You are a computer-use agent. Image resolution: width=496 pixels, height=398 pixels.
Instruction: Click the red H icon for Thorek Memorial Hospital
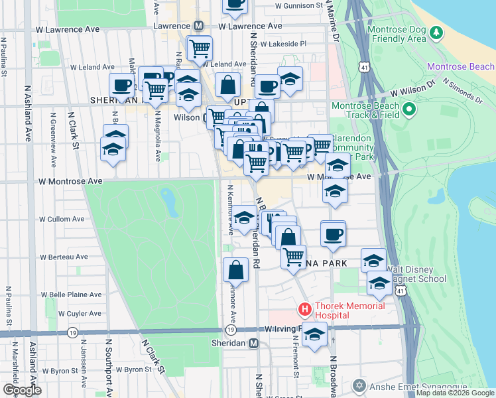(304, 309)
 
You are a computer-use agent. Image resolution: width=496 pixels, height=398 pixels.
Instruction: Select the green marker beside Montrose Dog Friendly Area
(436, 32)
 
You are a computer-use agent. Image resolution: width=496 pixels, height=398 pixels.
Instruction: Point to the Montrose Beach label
(461, 66)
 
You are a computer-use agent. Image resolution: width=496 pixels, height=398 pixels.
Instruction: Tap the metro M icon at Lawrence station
(198, 26)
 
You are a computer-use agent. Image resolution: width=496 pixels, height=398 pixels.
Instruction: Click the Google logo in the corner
(22, 390)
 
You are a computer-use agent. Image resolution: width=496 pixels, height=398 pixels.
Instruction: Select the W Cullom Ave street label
(62, 219)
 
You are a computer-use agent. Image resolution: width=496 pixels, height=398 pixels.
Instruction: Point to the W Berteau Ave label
(64, 257)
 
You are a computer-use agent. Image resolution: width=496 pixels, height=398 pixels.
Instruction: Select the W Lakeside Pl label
(283, 44)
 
